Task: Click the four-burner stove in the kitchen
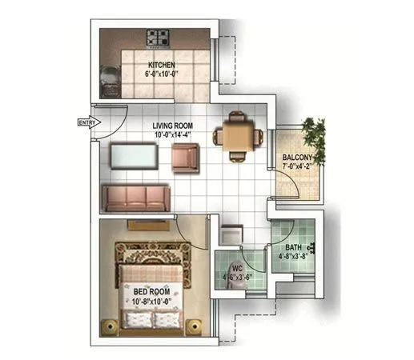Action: point(157,37)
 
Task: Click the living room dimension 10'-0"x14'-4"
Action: point(173,135)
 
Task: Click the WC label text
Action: point(237,269)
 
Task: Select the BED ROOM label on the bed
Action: point(151,292)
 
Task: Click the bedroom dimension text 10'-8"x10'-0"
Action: point(151,302)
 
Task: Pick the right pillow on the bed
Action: point(167,320)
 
